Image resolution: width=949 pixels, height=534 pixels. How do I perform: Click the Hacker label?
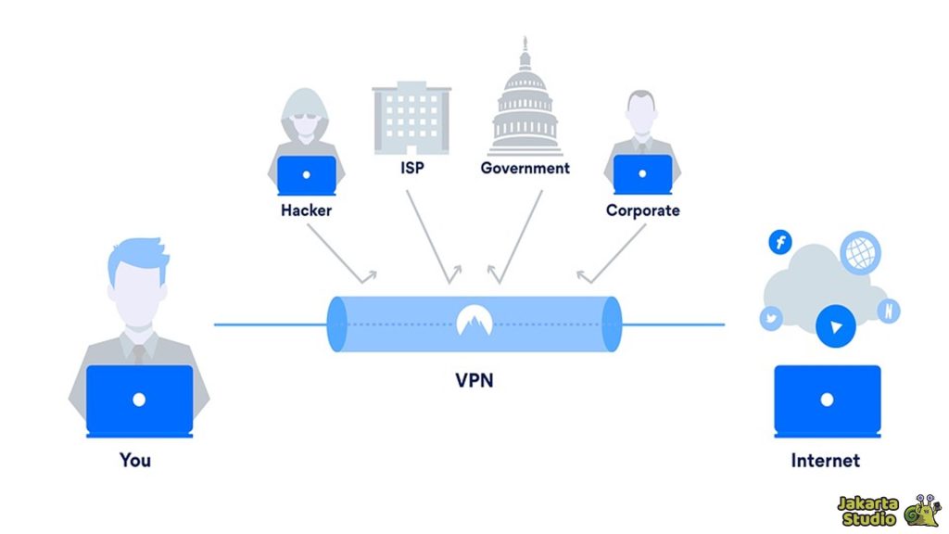(x=306, y=210)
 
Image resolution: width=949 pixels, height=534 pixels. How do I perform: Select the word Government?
(x=525, y=169)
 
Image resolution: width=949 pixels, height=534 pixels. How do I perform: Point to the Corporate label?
(x=642, y=210)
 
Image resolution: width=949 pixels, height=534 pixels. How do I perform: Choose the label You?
(x=135, y=460)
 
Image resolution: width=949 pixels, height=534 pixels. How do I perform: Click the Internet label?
(x=825, y=460)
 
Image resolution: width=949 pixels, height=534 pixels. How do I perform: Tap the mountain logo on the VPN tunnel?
(x=474, y=320)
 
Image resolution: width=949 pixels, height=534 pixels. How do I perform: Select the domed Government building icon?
(x=525, y=107)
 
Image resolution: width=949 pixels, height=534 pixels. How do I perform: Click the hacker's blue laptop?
(x=307, y=174)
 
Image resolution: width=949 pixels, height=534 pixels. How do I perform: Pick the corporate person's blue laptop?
(x=642, y=174)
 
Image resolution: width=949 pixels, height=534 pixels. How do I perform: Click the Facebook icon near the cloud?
(x=780, y=243)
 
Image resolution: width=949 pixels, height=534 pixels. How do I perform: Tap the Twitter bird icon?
(x=771, y=318)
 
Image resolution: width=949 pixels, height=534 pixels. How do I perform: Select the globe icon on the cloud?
(x=859, y=251)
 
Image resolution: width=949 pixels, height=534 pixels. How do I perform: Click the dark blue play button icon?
(x=836, y=327)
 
